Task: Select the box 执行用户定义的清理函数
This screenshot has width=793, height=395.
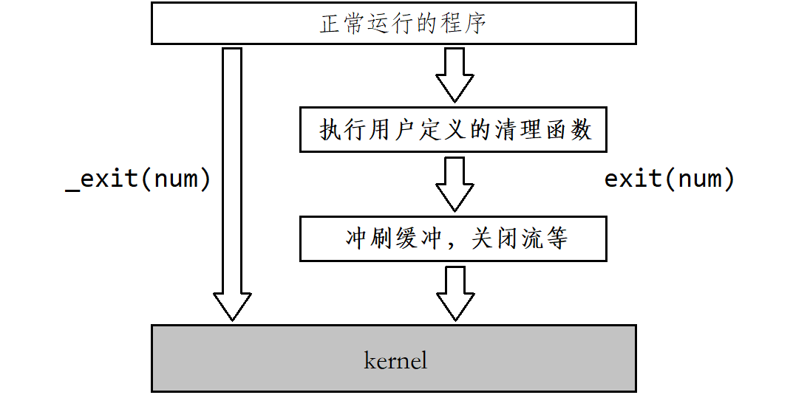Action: point(452,130)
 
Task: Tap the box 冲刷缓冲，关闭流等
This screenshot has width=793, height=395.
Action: point(452,238)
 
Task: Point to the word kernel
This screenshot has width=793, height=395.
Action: point(395,361)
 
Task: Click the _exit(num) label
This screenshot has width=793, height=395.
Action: point(138,179)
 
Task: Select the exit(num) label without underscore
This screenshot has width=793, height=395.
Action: point(669,179)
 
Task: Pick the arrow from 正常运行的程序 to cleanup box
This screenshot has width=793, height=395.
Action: point(454,74)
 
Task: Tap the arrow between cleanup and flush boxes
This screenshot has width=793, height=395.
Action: point(454,182)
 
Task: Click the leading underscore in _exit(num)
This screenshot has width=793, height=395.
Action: point(72,190)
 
